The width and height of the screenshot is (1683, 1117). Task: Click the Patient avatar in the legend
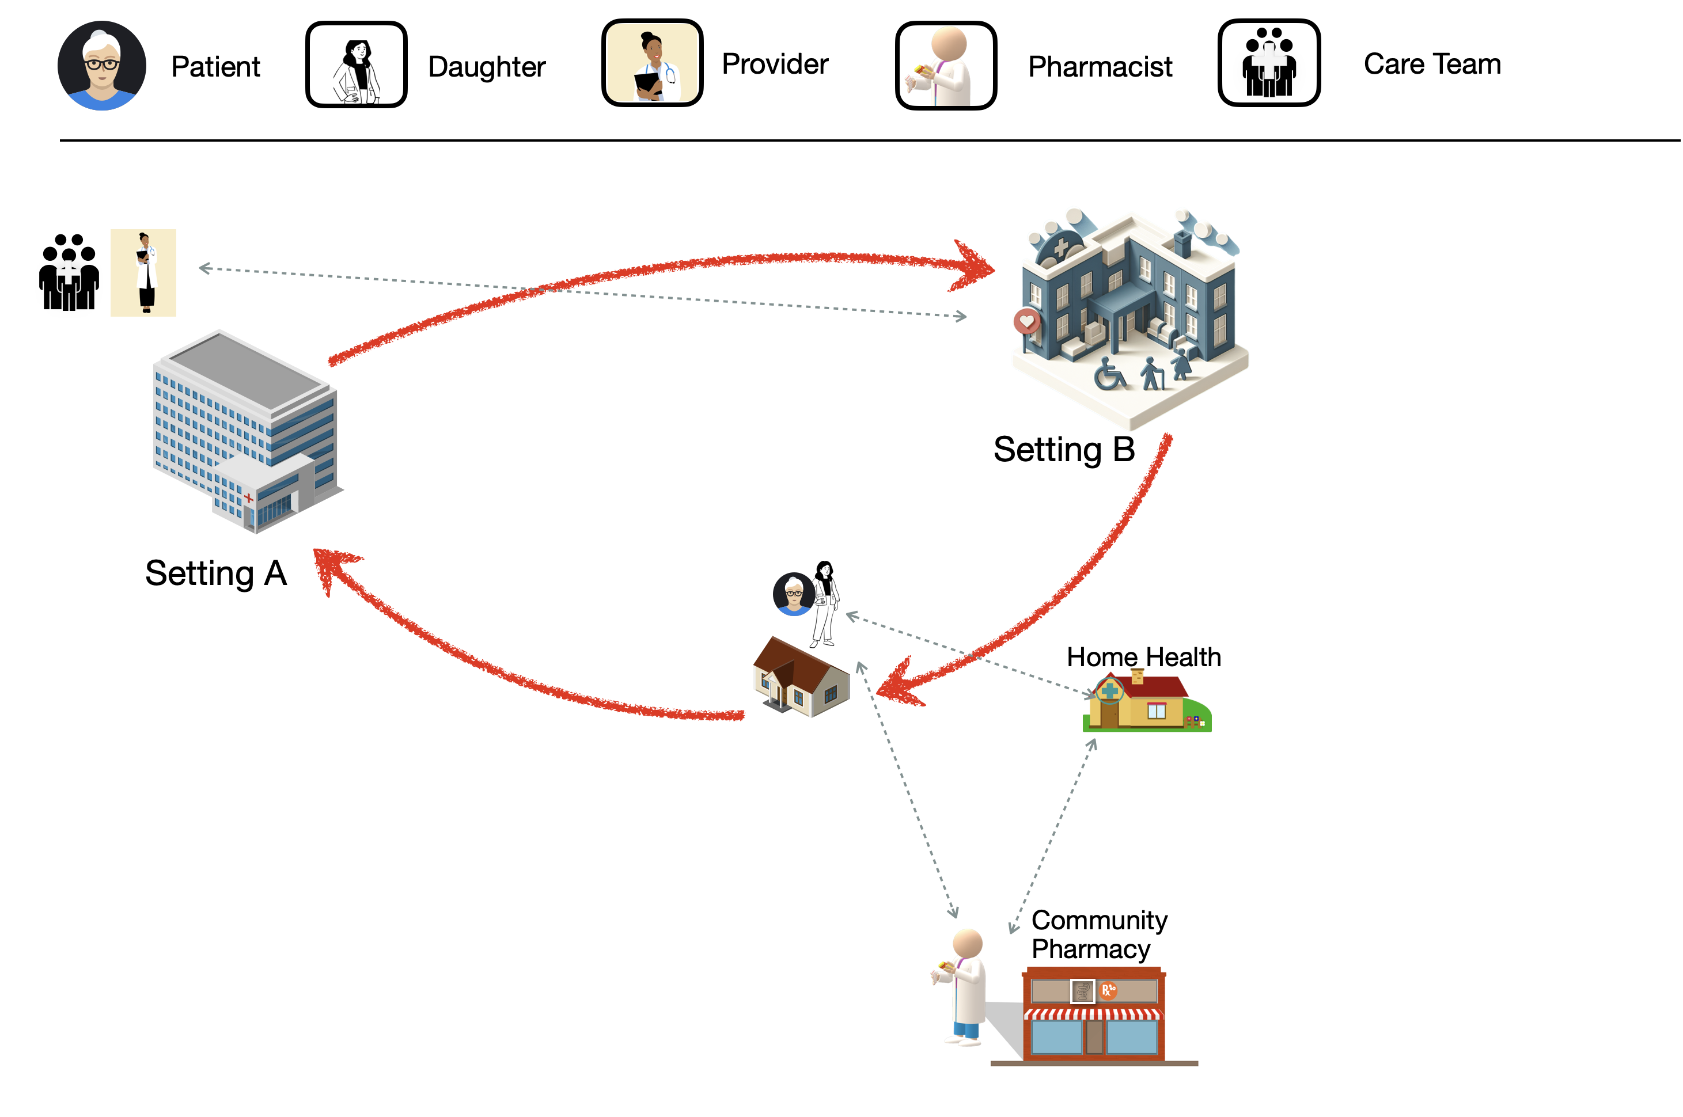coord(102,66)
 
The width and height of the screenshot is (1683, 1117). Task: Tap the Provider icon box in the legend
coord(652,63)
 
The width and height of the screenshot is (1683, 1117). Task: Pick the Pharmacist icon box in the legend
coord(946,66)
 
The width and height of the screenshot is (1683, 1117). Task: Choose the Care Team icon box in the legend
coord(1269,63)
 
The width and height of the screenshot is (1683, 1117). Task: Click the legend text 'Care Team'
coord(1432,64)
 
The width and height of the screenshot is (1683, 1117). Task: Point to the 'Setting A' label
coord(216,573)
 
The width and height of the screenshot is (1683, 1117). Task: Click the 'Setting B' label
coord(1064,450)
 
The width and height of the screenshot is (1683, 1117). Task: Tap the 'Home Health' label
coord(1144,657)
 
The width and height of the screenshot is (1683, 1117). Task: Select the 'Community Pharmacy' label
coord(1099,934)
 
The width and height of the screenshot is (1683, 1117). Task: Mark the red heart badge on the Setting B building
coord(1027,321)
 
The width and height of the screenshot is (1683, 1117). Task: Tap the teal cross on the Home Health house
coord(1109,690)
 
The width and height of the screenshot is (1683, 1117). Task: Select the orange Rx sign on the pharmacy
coord(1108,990)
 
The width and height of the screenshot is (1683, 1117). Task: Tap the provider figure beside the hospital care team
coord(145,272)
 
